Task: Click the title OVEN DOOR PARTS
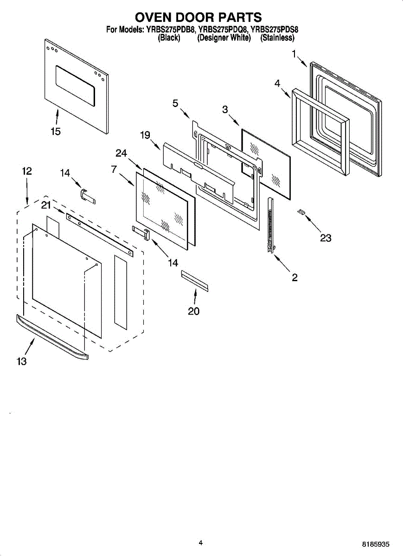[198, 17]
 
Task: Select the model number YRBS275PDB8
[170, 30]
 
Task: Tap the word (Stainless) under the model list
[277, 38]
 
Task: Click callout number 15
[56, 132]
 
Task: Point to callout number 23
[326, 238]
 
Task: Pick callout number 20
[193, 311]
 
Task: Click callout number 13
[22, 361]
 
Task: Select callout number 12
[27, 171]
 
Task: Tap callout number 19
[145, 135]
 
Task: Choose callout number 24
[122, 153]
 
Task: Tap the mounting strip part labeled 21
[99, 234]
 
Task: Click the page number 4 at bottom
[200, 543]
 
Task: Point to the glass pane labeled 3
[266, 163]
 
